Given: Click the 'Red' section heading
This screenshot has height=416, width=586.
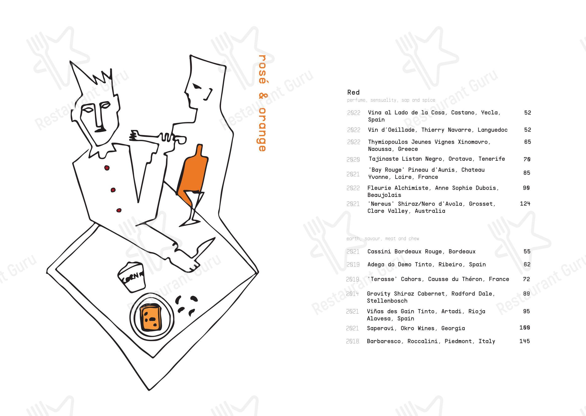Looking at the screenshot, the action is [x=353, y=92].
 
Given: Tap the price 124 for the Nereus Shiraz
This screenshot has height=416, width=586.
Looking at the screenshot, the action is [x=525, y=204].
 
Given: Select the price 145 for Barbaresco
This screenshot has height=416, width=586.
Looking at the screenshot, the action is [x=525, y=341].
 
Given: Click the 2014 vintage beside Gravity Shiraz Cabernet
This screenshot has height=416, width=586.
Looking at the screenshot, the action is [x=352, y=294].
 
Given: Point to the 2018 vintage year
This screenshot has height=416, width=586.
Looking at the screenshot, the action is [x=352, y=341].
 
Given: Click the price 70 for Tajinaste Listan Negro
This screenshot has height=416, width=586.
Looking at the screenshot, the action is [x=527, y=159].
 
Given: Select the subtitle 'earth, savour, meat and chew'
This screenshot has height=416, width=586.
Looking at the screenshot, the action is [x=383, y=239].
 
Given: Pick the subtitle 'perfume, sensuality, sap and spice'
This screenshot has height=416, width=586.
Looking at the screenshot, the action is [x=391, y=100].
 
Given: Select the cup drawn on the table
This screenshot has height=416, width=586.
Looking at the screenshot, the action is [x=131, y=277].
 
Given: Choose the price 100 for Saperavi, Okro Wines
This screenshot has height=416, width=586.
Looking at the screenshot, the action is [x=525, y=328].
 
